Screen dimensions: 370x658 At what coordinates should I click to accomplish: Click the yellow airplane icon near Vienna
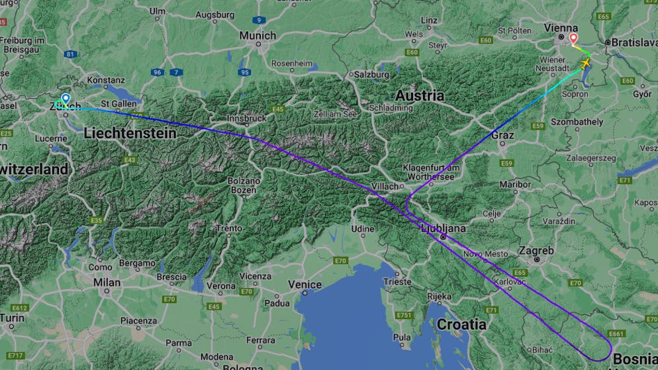click(585, 64)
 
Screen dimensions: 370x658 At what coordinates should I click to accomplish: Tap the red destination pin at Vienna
click(573, 39)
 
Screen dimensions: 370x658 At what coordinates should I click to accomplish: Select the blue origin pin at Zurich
click(65, 99)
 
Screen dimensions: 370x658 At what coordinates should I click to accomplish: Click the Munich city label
click(258, 35)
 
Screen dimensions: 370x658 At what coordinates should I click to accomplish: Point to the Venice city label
click(305, 285)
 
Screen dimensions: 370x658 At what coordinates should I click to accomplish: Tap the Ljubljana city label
click(444, 228)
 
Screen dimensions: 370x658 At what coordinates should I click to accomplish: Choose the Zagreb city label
click(536, 251)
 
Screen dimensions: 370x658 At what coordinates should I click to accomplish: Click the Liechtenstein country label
click(130, 134)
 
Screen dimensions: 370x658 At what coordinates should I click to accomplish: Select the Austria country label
click(420, 95)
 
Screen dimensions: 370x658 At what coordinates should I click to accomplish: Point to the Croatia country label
click(461, 324)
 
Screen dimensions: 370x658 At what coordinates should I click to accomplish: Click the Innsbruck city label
click(246, 118)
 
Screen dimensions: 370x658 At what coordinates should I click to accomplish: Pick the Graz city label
click(503, 134)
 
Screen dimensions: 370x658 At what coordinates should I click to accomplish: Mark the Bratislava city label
click(634, 42)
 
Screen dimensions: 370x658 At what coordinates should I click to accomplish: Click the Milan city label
click(107, 282)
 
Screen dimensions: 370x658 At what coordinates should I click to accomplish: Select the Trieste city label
click(397, 281)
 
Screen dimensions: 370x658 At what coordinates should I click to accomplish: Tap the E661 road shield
click(616, 334)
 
